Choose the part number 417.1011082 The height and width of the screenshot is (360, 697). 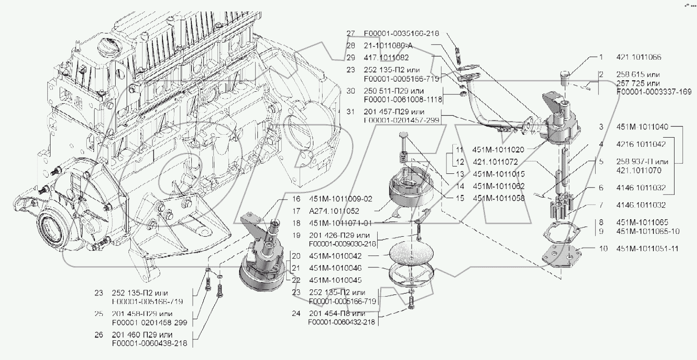click(386, 58)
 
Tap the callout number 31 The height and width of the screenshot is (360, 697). click(351, 111)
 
